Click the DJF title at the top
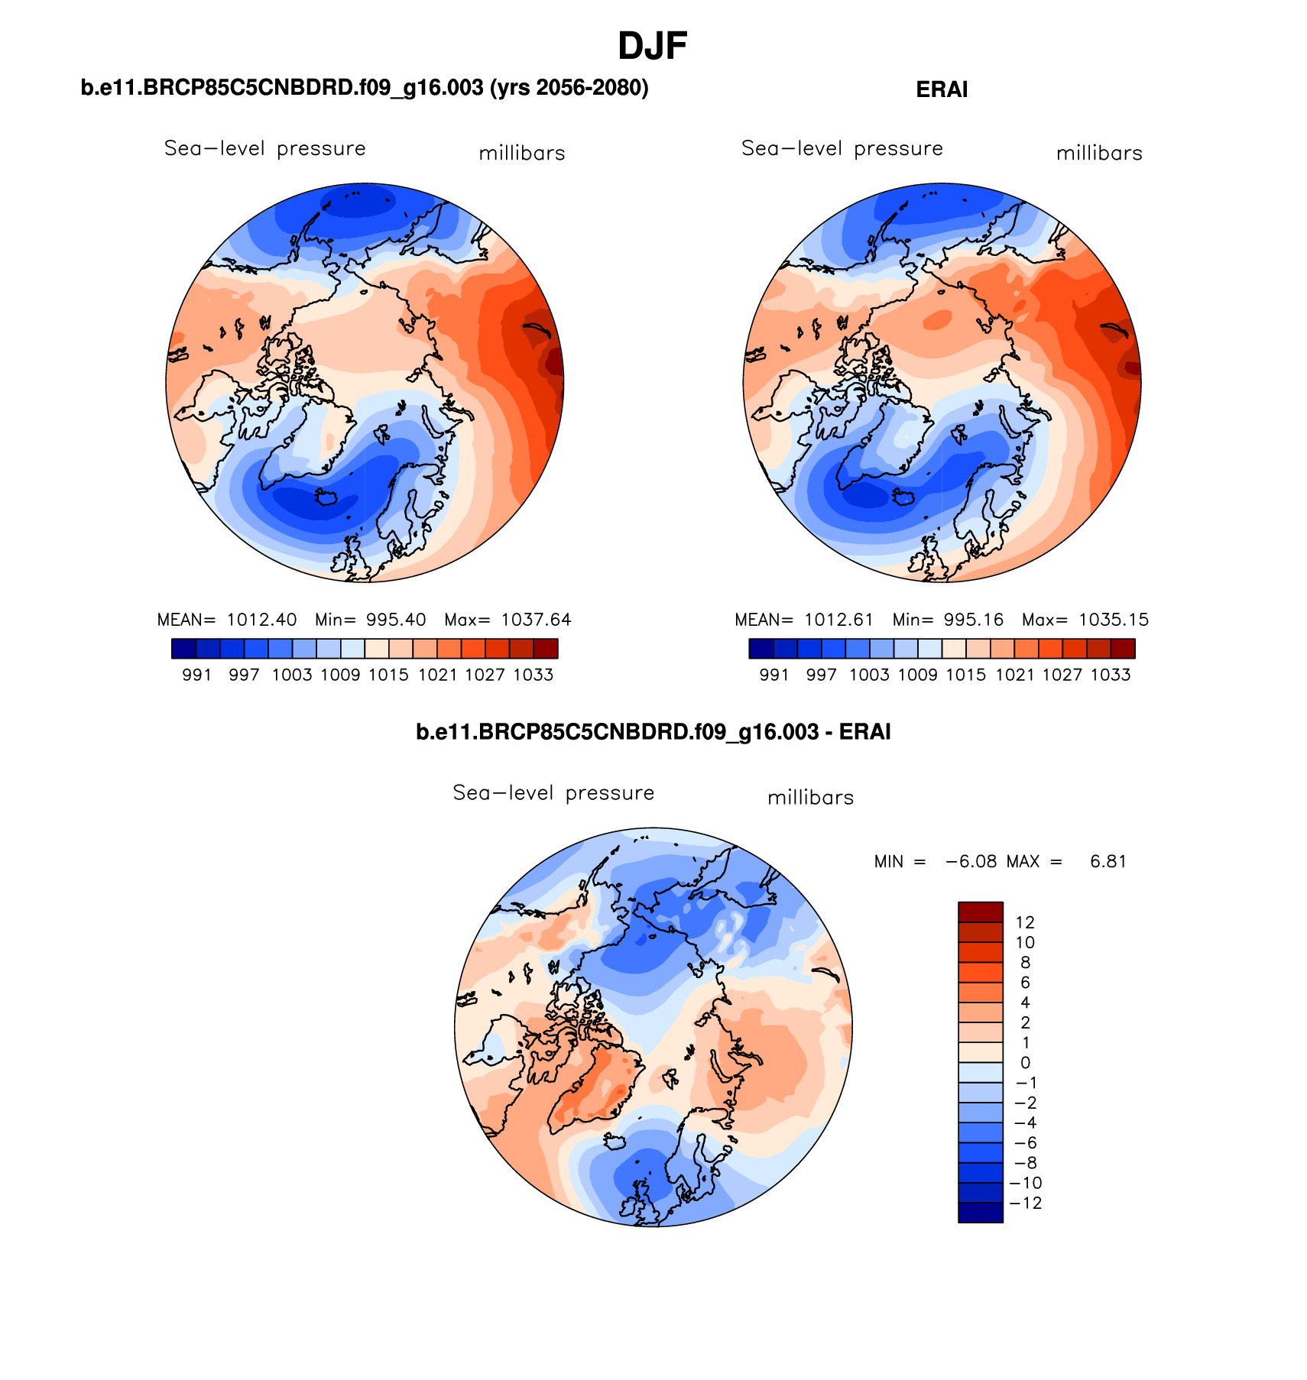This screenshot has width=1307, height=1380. (x=652, y=47)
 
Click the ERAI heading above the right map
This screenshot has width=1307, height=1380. (x=942, y=90)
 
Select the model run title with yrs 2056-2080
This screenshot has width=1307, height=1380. (x=365, y=89)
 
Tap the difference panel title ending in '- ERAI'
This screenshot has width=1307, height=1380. (x=653, y=732)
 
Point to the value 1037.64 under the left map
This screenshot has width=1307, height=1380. (x=536, y=620)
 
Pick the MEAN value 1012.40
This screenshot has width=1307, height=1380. (x=261, y=620)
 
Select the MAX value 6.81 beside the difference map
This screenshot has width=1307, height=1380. (x=1108, y=861)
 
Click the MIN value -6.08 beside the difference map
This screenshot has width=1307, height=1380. (x=971, y=861)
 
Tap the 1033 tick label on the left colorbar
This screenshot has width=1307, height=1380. (x=533, y=675)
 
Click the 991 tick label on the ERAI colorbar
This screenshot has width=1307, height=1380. (x=774, y=675)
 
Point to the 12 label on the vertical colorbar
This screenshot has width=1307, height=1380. (x=1025, y=922)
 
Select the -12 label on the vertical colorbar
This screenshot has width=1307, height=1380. (x=1026, y=1203)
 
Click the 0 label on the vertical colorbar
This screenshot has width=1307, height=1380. (x=1025, y=1063)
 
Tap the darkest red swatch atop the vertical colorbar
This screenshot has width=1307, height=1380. (x=980, y=912)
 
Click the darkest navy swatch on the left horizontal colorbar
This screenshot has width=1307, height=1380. (x=184, y=649)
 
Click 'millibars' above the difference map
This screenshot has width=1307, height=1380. (x=810, y=798)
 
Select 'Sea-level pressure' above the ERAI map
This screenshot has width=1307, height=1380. (x=842, y=148)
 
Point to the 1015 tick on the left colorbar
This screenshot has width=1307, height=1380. (x=389, y=675)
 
